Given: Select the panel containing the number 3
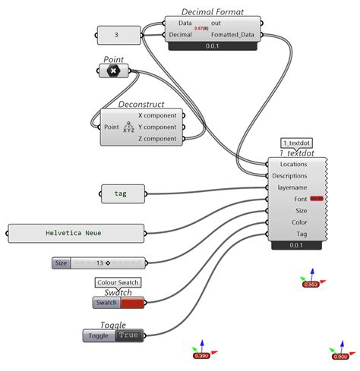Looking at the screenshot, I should (x=116, y=35).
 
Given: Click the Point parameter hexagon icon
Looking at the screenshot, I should (x=113, y=71).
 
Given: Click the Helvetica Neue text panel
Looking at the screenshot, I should (x=74, y=234).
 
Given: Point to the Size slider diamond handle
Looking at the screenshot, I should (x=108, y=263).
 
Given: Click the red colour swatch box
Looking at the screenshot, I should (x=132, y=303).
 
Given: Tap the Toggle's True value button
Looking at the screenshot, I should (x=128, y=335).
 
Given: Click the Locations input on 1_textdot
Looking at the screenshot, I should (x=293, y=164).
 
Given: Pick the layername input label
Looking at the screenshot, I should (x=292, y=187).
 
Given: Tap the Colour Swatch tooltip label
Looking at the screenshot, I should (x=118, y=282).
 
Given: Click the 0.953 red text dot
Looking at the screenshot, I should (x=311, y=285).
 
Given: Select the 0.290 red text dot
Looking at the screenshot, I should (x=201, y=355).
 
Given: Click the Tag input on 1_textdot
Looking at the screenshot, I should (x=302, y=233).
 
